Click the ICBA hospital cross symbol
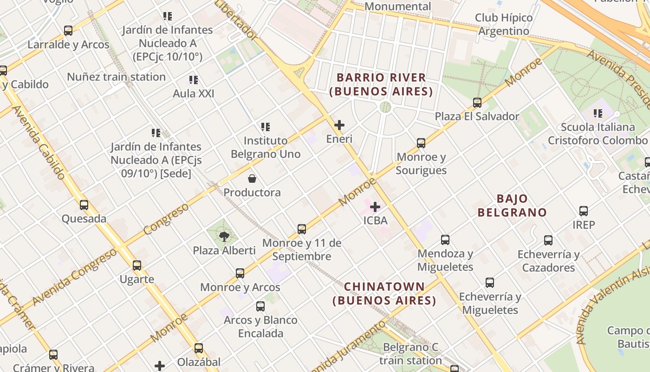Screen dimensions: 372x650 pos(375,206)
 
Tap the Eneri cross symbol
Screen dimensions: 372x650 pos(339,125)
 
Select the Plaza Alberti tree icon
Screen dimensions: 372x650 pos(224,236)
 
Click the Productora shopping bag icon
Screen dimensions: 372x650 pos(252,179)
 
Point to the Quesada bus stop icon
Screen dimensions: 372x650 pos(84,205)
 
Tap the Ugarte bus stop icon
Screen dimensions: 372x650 pos(137,266)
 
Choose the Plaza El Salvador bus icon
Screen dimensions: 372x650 pos(477,103)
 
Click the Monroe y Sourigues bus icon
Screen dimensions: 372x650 pos(421,143)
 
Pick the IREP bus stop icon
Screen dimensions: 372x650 pos(584,211)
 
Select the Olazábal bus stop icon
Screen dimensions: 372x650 pos(199,348)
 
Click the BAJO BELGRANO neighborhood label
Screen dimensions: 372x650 pos(512,206)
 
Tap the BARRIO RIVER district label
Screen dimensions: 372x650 pos(381,84)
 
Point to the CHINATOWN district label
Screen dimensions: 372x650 pos(384,293)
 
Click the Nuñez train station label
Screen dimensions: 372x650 pos(116,77)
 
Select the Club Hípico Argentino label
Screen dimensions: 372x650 pos(504,24)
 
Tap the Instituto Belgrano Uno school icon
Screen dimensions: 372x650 pos(266,126)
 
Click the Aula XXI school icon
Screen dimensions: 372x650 pos(194,80)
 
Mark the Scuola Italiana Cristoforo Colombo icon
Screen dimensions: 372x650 pos(598,113)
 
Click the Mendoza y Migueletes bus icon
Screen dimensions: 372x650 pos(445,240)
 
